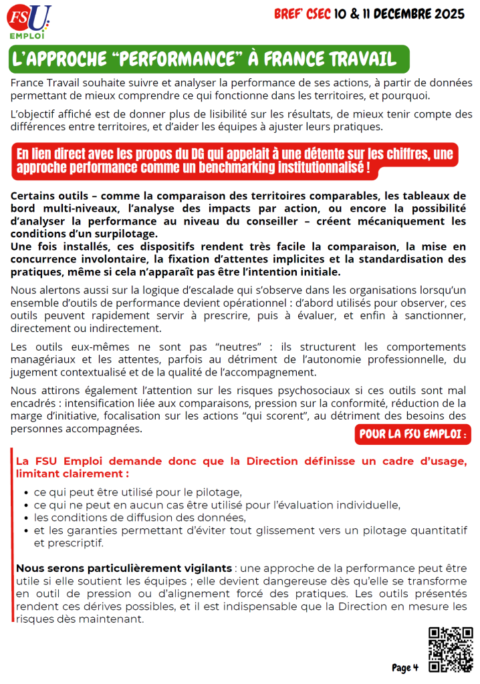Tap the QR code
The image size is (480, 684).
pos(450,649)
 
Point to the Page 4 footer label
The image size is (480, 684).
pos(405,667)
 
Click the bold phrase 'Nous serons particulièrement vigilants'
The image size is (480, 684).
pos(124,568)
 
